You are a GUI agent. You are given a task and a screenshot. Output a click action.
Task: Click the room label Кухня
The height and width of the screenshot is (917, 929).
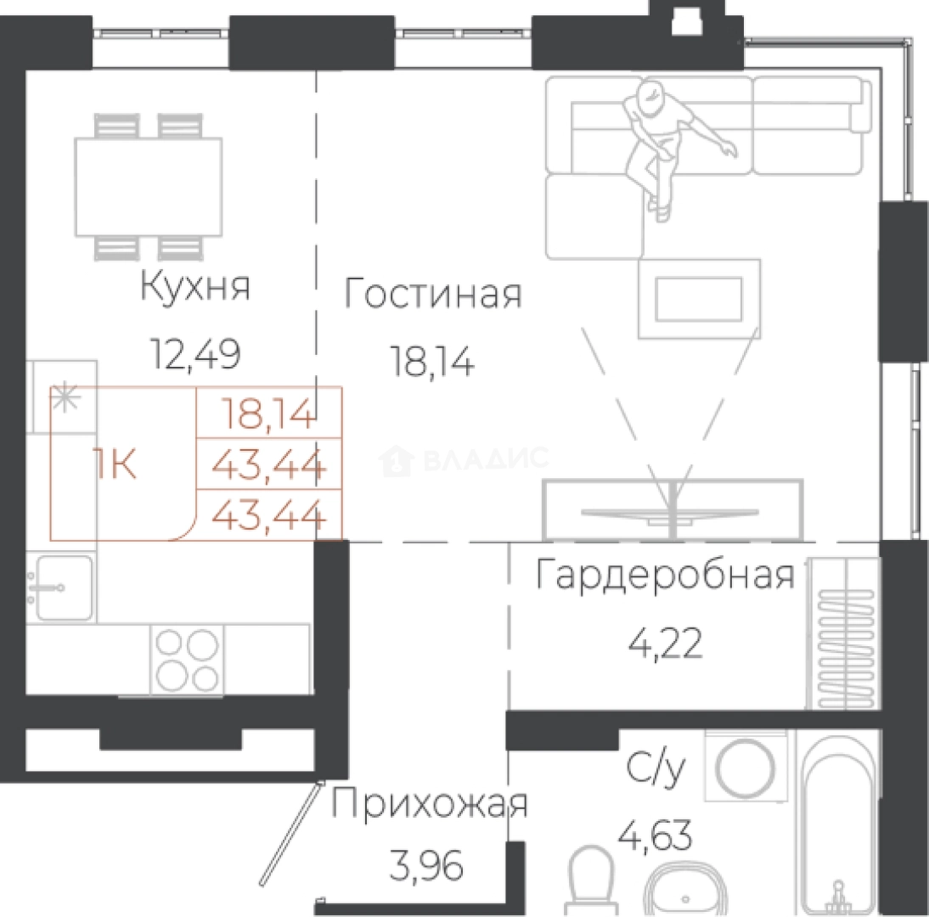click(195, 287)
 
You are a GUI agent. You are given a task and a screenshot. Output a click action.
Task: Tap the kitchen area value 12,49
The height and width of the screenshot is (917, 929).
click(195, 354)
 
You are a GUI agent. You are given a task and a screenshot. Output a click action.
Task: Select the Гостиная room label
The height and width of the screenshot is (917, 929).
click(433, 293)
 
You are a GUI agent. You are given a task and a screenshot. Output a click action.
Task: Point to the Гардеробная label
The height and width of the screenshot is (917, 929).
click(665, 575)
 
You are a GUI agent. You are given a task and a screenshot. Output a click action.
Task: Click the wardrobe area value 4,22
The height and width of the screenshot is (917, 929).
click(666, 644)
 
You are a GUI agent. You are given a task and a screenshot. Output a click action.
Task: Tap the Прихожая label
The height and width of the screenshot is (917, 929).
click(429, 804)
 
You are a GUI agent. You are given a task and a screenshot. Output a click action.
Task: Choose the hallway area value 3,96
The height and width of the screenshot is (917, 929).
click(426, 867)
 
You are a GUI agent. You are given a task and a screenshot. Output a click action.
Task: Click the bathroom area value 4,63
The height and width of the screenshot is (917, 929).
click(655, 835)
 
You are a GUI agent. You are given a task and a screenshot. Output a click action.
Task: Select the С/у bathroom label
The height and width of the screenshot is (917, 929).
click(656, 769)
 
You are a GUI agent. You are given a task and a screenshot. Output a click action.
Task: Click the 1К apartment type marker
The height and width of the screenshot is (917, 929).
click(115, 464)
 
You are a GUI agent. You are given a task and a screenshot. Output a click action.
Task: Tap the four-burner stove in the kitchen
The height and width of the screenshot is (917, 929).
click(187, 659)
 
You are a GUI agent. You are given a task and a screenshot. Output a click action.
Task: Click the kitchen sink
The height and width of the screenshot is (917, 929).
click(62, 588)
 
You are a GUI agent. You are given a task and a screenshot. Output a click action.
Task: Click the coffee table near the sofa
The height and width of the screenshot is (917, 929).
click(699, 299)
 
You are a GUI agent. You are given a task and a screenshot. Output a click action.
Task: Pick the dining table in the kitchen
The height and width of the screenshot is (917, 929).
click(148, 187)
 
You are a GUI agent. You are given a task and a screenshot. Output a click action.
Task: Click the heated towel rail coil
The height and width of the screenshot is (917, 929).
click(846, 650)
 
